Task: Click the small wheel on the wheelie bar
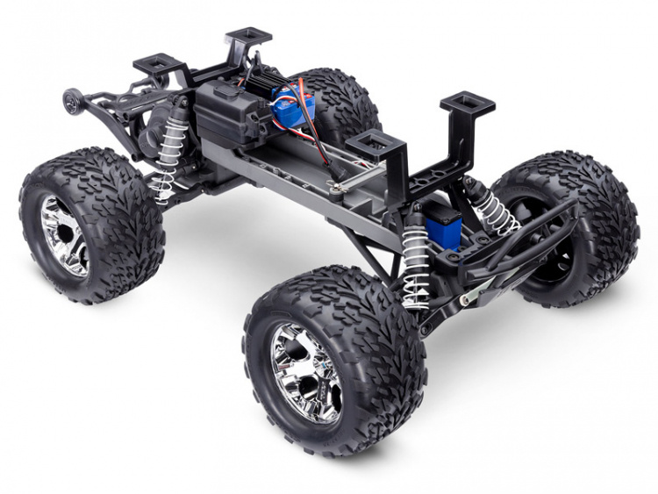(71, 100)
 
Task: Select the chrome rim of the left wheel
(64, 235)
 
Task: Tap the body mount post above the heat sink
(248, 40)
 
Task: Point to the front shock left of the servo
(415, 260)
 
